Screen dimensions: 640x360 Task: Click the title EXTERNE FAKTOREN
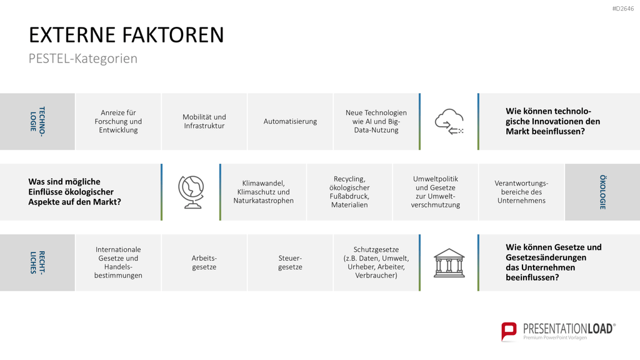point(126,35)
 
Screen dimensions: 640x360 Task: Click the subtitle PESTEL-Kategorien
point(83,58)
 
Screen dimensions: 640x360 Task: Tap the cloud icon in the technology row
point(449,121)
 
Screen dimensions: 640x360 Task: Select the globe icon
point(191,192)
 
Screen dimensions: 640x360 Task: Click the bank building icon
point(449,263)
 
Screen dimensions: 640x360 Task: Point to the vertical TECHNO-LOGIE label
point(37,121)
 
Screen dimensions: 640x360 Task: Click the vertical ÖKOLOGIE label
point(602,192)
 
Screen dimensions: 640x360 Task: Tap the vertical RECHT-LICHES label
point(37,262)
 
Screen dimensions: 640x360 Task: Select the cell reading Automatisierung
point(290,121)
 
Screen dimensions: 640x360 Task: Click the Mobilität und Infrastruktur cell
point(204,121)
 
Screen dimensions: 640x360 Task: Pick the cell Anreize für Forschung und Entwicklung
point(118,121)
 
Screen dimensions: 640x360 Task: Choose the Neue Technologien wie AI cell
point(376,121)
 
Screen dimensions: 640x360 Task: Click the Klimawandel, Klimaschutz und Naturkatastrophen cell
point(264,192)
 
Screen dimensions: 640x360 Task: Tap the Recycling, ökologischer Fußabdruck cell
point(349,192)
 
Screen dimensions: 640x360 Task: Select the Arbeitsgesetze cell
point(204,262)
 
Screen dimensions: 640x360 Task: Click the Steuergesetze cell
point(290,262)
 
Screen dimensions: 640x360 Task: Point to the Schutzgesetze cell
point(376,262)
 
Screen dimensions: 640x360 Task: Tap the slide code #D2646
point(623,9)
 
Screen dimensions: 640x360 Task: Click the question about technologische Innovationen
point(552,121)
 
